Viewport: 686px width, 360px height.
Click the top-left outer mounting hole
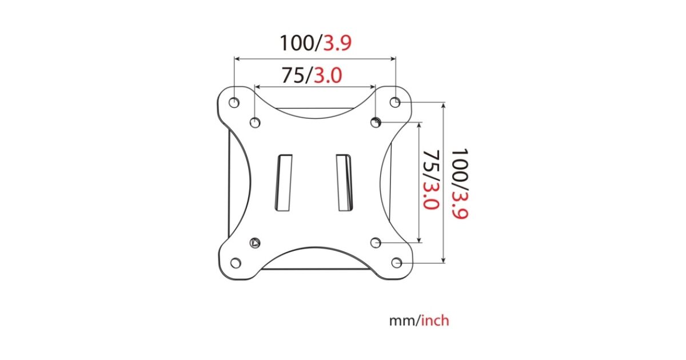pos(234,102)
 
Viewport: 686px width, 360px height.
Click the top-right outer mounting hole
pos(395,102)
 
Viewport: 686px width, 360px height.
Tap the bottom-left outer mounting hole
pos(236,263)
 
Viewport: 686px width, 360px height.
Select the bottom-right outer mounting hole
pos(397,263)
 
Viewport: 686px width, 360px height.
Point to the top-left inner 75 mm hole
pos(255,123)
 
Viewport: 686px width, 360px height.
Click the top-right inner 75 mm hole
pos(376,122)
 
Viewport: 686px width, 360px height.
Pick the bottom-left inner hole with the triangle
pos(255,243)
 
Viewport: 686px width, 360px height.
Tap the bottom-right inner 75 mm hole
pos(376,243)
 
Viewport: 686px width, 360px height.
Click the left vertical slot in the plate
pos(284,183)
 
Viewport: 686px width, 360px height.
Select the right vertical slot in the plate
pos(344,183)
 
